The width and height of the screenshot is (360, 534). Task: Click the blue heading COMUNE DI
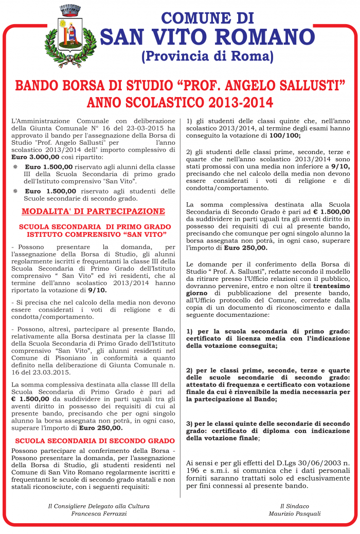click(x=208, y=18)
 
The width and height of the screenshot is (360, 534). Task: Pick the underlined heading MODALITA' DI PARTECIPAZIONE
click(x=93, y=211)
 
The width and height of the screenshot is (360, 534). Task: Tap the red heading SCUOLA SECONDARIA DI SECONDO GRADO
click(x=95, y=441)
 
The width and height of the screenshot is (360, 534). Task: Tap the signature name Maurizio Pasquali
click(x=294, y=513)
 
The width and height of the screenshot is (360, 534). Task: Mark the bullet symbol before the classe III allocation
click(x=15, y=167)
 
